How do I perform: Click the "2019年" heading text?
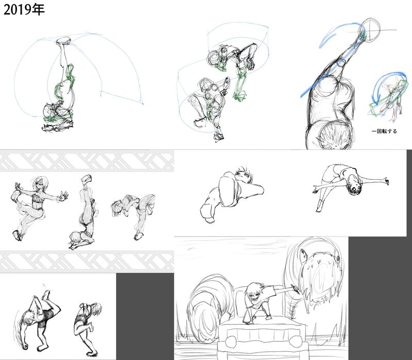coord(24,10)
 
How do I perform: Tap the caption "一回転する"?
coord(384,131)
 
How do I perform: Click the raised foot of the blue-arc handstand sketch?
coord(63,41)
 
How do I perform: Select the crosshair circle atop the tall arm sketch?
coord(370,30)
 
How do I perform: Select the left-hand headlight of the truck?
coord(231,341)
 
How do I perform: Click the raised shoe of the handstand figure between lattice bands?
coord(86,179)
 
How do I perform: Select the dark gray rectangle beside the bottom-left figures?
coord(145,316)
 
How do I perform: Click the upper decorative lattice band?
coord(87,161)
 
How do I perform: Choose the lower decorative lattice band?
coord(87,261)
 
